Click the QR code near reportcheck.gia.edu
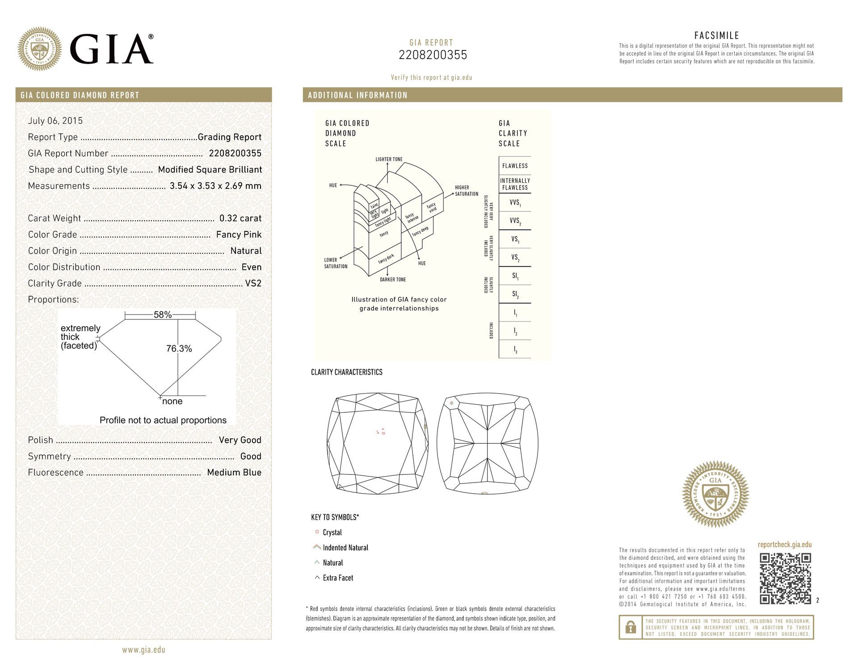(x=785, y=579)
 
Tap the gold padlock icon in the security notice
(x=631, y=627)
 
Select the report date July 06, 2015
(x=55, y=121)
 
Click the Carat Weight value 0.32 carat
(x=240, y=218)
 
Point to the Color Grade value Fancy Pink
(x=239, y=235)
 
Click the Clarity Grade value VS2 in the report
(x=253, y=283)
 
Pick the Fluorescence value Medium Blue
(x=234, y=472)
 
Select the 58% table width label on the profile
(x=163, y=315)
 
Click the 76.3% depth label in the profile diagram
(x=179, y=349)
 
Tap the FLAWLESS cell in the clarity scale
(x=515, y=166)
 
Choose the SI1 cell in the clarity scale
(x=515, y=277)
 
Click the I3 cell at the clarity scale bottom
(x=515, y=350)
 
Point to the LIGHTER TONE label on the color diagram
(x=389, y=159)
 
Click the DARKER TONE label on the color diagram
(x=393, y=280)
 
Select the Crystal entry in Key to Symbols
(x=332, y=533)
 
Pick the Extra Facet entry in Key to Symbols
(x=338, y=578)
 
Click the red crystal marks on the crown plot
(x=381, y=432)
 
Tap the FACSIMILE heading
(x=716, y=36)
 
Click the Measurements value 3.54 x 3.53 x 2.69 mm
(x=215, y=186)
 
